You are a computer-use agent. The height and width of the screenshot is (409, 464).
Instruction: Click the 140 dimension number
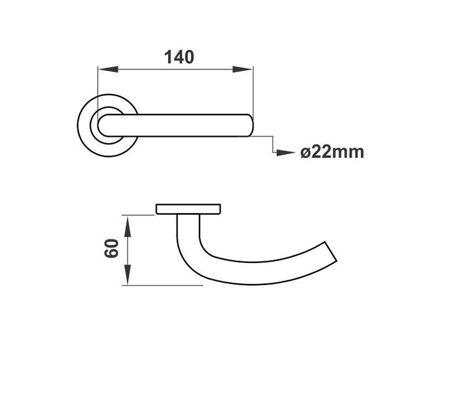[x=179, y=57]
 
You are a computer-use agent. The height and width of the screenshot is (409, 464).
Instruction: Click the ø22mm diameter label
[x=332, y=152]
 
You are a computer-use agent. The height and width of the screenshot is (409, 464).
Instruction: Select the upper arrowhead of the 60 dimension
[x=127, y=222]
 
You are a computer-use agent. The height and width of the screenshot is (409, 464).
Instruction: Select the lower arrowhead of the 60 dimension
[x=127, y=277]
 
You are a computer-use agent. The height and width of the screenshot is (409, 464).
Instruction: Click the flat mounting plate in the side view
[x=188, y=209]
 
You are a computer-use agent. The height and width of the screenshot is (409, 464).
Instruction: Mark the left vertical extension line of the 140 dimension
[x=97, y=87]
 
